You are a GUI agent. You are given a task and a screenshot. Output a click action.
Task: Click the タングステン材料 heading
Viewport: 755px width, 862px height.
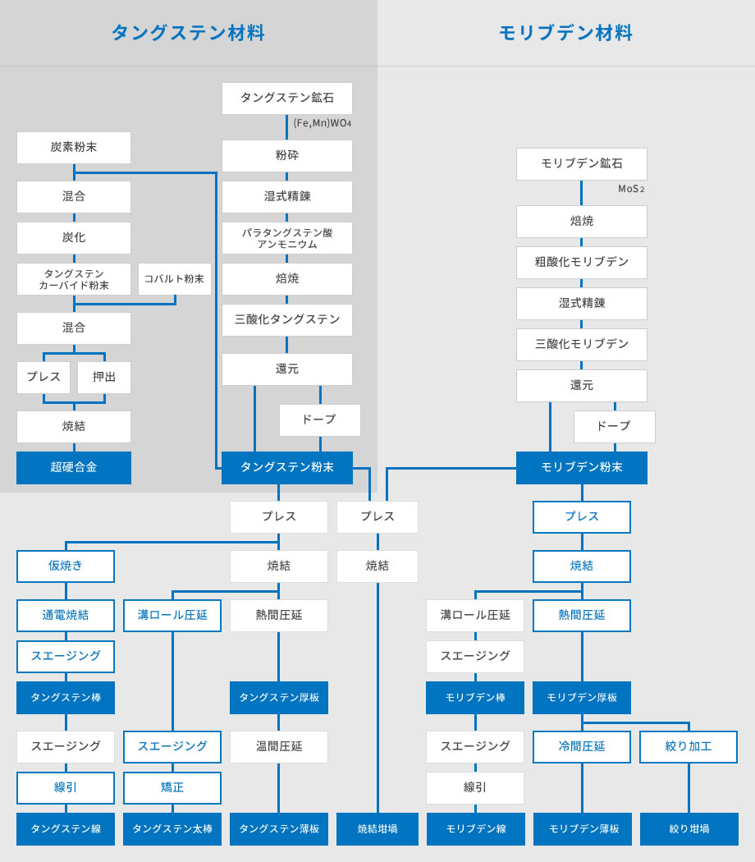coord(188,33)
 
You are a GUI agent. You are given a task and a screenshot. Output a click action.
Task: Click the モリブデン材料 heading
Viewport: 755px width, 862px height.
coord(565,33)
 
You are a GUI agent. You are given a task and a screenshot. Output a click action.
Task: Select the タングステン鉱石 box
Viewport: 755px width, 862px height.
coord(287,99)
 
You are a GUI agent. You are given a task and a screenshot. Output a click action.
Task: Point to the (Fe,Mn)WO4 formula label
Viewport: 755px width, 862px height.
coord(322,123)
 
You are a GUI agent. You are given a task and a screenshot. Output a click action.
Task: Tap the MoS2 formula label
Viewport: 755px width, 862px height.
coord(631,189)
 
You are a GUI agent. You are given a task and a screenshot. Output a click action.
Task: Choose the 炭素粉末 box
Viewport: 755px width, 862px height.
coord(74,147)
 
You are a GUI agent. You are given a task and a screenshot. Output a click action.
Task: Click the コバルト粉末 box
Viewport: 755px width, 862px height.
coord(174,279)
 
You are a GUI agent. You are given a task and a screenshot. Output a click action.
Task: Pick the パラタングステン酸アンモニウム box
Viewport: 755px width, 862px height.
coord(287,238)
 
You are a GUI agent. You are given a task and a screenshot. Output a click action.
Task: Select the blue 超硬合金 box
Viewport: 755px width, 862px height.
coord(74,468)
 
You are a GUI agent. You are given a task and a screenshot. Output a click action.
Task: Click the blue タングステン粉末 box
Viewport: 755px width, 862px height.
coord(287,468)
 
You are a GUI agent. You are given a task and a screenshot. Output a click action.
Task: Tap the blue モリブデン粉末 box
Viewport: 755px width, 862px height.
coord(581,468)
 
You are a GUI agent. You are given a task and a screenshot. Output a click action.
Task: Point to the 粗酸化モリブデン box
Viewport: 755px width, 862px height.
coord(581,263)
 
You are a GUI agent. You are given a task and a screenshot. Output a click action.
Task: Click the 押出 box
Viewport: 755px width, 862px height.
coord(104,377)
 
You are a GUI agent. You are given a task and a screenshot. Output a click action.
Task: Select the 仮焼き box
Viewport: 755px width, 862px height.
coord(66,566)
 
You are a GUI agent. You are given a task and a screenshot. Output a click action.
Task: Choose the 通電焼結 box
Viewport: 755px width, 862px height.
coord(66,616)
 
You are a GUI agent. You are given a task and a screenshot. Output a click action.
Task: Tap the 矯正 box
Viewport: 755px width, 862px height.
coord(172,788)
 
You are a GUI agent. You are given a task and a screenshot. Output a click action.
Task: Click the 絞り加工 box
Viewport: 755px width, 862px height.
coord(688,747)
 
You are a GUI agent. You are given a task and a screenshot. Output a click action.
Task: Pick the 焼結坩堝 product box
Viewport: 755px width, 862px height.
coord(377,829)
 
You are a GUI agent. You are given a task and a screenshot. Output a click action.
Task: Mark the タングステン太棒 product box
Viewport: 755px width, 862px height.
coord(172,829)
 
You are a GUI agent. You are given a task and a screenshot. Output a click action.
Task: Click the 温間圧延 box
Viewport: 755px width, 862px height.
coord(278,747)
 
